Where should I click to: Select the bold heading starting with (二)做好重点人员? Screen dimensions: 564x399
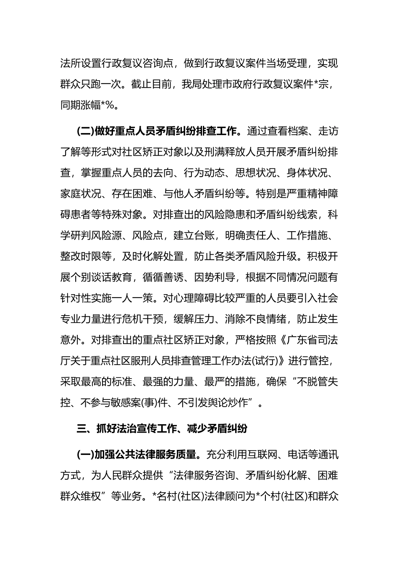click(x=160, y=131)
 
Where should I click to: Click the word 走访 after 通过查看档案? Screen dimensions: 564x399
click(x=328, y=131)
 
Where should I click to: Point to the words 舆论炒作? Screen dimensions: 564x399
click(x=235, y=403)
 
